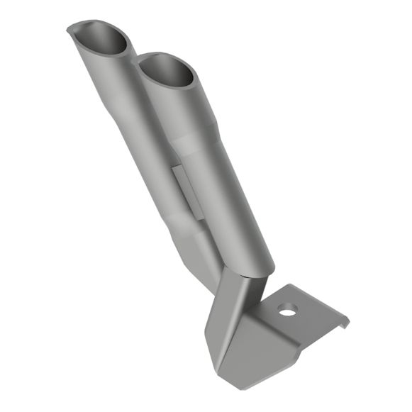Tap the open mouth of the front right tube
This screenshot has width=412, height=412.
tap(165, 72)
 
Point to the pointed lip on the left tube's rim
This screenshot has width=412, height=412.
tap(71, 29)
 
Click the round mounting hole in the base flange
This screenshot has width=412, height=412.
tap(286, 310)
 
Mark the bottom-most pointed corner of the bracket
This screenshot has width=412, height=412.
tap(237, 386)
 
